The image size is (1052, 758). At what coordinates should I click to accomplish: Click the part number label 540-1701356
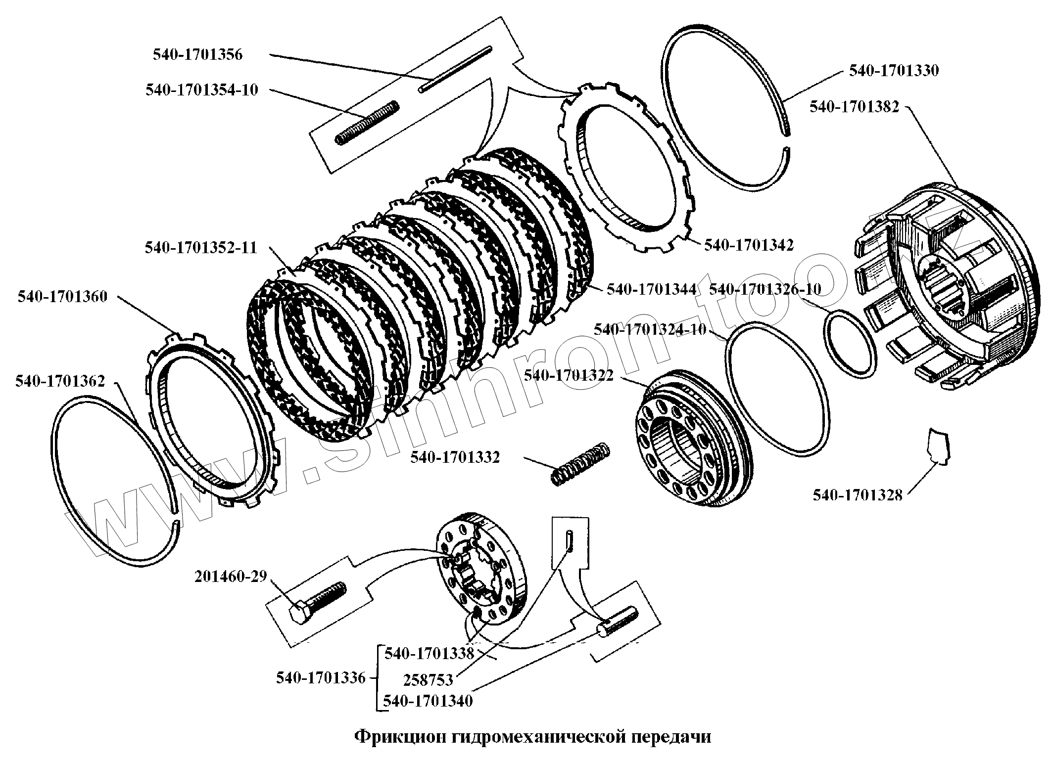pyautogui.click(x=197, y=54)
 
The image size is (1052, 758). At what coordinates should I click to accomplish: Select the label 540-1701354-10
pyautogui.click(x=202, y=90)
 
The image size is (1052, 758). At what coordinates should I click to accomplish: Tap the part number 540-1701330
pyautogui.click(x=894, y=71)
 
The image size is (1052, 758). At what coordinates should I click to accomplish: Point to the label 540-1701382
pyautogui.click(x=854, y=107)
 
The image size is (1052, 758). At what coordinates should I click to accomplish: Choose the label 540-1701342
pyautogui.click(x=749, y=245)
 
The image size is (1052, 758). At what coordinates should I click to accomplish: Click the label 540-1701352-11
pyautogui.click(x=201, y=247)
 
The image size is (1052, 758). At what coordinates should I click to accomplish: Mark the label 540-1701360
pyautogui.click(x=62, y=297)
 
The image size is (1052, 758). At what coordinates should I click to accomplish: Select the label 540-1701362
pyautogui.click(x=60, y=381)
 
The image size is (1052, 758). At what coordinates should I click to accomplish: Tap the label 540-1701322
pyautogui.click(x=569, y=376)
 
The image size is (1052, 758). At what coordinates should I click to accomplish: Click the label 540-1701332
pyautogui.click(x=455, y=457)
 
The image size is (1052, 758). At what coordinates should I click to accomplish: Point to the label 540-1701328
pyautogui.click(x=858, y=494)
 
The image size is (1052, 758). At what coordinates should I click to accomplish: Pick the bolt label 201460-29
pyautogui.click(x=231, y=577)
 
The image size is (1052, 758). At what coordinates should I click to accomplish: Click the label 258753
pyautogui.click(x=428, y=680)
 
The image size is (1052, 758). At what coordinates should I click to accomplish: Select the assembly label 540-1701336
pyautogui.click(x=321, y=678)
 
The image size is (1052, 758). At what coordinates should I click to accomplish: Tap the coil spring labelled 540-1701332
pyautogui.click(x=580, y=463)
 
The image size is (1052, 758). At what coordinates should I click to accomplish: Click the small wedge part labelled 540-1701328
pyautogui.click(x=939, y=446)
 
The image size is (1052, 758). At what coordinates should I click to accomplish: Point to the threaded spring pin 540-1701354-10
pyautogui.click(x=367, y=123)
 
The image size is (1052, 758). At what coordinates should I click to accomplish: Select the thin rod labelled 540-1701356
pyautogui.click(x=456, y=69)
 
